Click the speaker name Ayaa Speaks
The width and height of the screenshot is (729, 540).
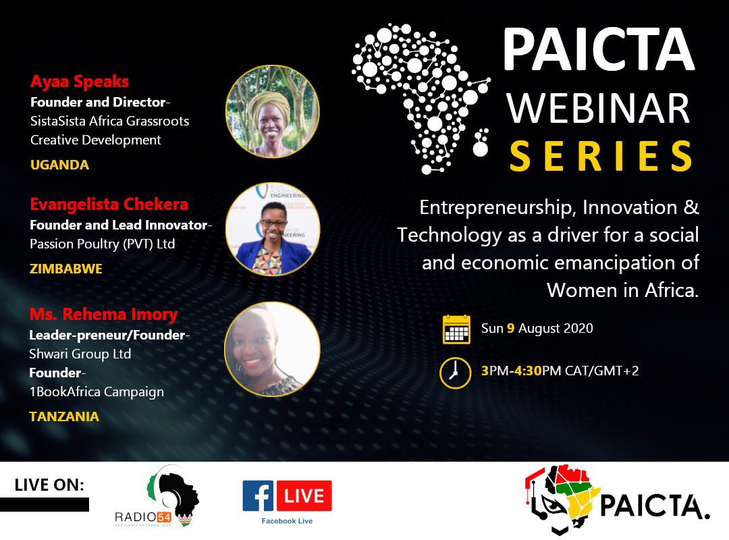[80, 82]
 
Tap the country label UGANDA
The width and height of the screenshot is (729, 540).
[59, 165]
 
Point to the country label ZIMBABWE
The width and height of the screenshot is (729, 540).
[66, 269]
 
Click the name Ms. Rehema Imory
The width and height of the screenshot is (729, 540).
[103, 315]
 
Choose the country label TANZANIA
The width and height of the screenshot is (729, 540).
[64, 416]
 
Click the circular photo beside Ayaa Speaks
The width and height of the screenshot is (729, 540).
[272, 112]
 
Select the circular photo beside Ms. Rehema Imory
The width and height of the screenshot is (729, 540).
[272, 349]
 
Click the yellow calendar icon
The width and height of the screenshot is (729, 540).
[456, 329]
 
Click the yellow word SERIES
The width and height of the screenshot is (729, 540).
[601, 156]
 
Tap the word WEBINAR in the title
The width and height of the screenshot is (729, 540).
[598, 108]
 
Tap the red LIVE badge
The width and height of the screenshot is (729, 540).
[304, 496]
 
